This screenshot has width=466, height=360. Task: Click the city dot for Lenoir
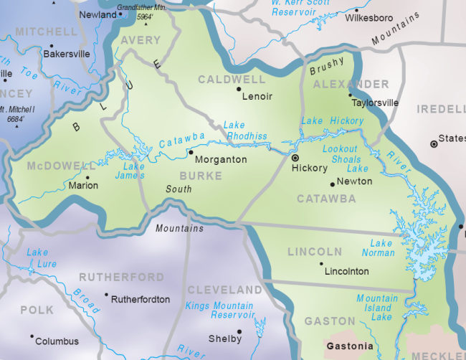239,90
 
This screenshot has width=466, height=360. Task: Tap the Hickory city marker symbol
295,156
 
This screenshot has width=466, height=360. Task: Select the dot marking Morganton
190,152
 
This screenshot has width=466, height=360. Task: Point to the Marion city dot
87,177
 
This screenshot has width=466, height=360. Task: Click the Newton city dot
332,184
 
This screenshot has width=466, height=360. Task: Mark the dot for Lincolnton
321,264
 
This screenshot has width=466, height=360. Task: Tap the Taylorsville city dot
351,95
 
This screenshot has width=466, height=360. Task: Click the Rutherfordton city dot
107,294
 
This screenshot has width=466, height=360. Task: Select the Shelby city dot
239,331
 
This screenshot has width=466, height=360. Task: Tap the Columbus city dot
32,336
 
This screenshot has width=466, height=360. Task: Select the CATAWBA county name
326,199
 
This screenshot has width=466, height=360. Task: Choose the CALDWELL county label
232,78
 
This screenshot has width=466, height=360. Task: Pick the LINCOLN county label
315,252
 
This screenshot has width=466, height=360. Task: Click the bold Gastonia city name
350,346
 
